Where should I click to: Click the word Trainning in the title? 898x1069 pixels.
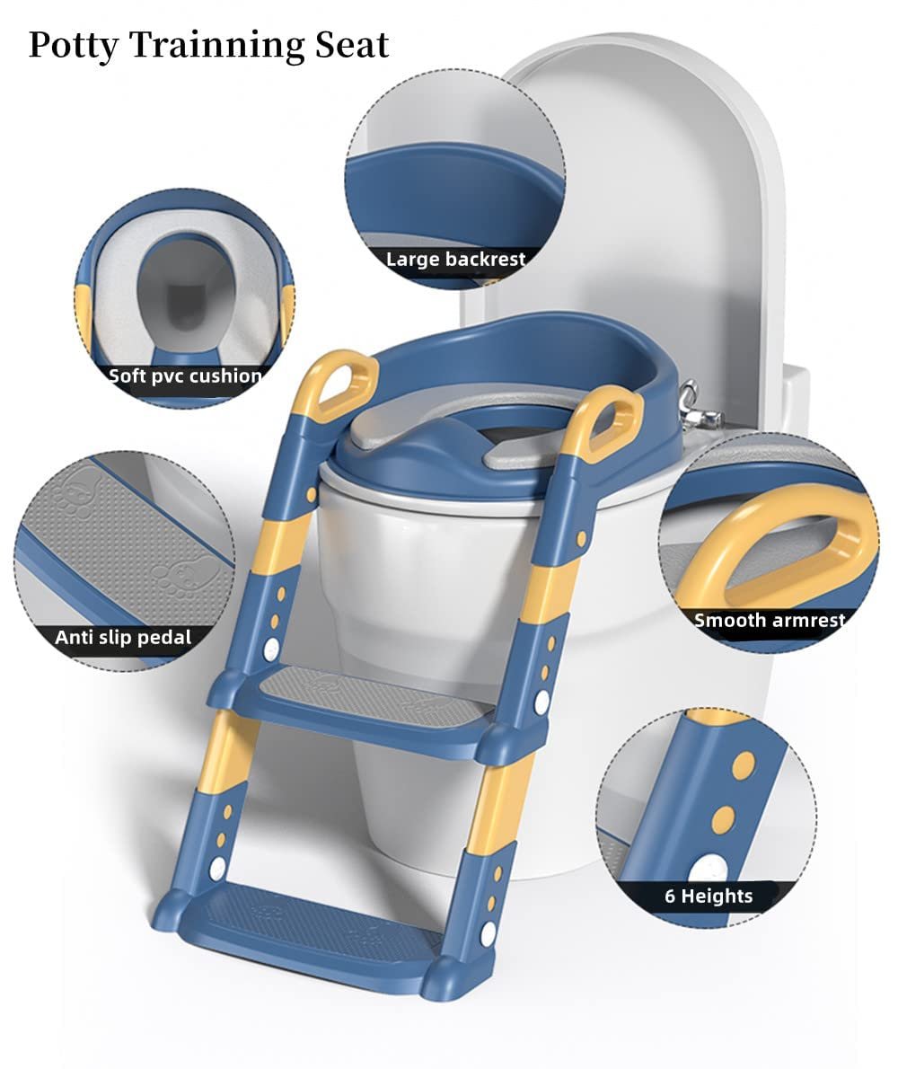[217, 46]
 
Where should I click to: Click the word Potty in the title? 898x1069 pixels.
[74, 47]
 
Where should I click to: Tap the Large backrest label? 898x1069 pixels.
[456, 259]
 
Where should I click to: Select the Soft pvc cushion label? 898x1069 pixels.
[185, 375]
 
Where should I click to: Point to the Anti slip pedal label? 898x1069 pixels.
[123, 638]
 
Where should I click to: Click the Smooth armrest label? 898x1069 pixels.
[770, 621]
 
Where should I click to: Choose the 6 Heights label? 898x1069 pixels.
[709, 896]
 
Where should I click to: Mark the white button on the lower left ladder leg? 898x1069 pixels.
[217, 868]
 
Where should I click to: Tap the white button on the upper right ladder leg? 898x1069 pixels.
[541, 702]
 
